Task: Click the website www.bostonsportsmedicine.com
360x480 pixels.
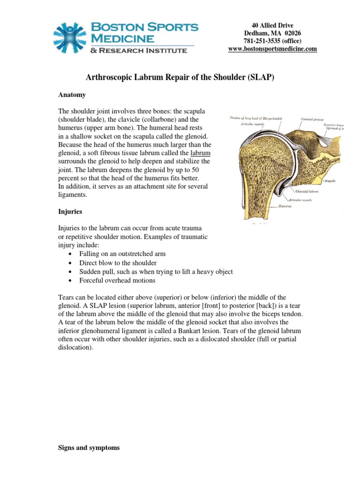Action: click(x=272, y=49)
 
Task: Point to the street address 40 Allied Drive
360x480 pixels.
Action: click(x=272, y=25)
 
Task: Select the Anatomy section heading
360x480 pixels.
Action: click(x=72, y=95)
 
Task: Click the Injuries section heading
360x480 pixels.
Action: click(x=70, y=211)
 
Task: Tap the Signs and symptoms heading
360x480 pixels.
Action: click(x=89, y=448)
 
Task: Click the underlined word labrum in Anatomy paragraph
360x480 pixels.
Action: click(x=200, y=153)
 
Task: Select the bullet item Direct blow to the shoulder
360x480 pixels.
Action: click(x=118, y=263)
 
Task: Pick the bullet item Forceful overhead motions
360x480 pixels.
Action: click(x=117, y=280)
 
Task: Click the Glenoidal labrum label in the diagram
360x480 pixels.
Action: click(x=307, y=191)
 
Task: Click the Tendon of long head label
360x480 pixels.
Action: click(x=255, y=118)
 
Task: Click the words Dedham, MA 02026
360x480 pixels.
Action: click(x=272, y=33)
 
